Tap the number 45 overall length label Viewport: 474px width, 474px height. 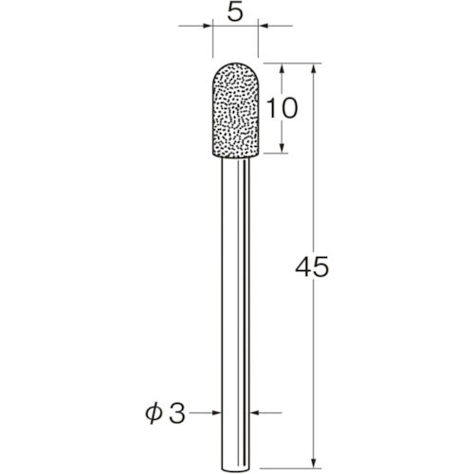pyautogui.click(x=309, y=267)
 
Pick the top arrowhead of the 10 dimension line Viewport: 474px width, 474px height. pyautogui.click(x=283, y=68)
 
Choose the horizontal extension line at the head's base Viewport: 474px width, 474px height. pyautogui.click(x=275, y=153)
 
